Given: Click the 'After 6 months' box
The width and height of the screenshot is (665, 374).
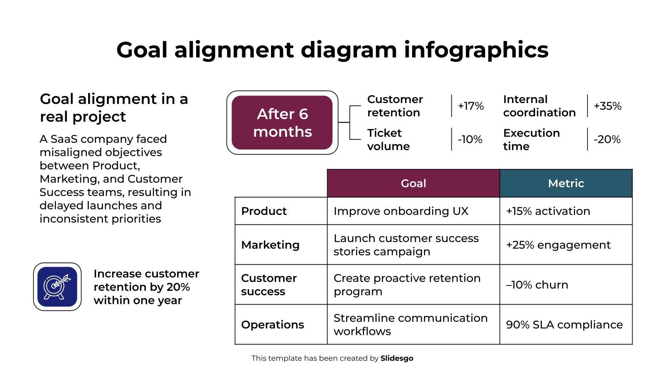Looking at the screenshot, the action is pos(282,123).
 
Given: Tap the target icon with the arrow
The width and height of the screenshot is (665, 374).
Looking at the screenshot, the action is pos(57,287).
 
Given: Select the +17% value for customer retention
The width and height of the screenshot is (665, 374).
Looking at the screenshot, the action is pos(471,106).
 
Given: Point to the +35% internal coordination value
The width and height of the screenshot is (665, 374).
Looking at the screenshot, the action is pos(607,106).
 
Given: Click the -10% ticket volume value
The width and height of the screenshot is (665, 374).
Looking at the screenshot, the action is pos(470,140).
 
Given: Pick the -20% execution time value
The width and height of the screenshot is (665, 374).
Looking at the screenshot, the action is pos(607,140).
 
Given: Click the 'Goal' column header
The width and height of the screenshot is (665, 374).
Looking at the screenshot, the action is pos(414,183).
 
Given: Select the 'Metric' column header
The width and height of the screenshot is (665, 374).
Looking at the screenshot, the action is pos(566,183).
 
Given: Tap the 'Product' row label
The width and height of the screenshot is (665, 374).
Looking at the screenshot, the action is pos(264,211).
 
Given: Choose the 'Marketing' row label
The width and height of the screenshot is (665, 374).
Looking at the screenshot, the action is pos(270,245).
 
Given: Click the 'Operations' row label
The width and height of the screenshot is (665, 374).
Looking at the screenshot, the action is pos(273,325).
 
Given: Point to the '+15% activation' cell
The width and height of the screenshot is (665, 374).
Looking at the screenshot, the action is pos(548,211).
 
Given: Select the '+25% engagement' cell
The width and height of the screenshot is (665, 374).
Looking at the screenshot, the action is pos(558,245).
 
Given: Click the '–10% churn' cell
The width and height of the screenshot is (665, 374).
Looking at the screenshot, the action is pos(537,285).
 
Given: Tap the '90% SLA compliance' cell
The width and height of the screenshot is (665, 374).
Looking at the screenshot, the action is pos(564,325).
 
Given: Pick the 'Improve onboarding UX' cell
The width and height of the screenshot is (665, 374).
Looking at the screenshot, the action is pos(401,211).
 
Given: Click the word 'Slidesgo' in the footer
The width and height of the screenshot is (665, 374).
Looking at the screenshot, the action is pos(397,358).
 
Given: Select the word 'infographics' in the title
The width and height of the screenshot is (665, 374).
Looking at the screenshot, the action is pos(476,50).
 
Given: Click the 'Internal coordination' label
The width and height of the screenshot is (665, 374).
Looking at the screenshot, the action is pos(539,106).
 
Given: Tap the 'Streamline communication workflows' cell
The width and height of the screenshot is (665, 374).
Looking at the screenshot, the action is pos(411,325).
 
